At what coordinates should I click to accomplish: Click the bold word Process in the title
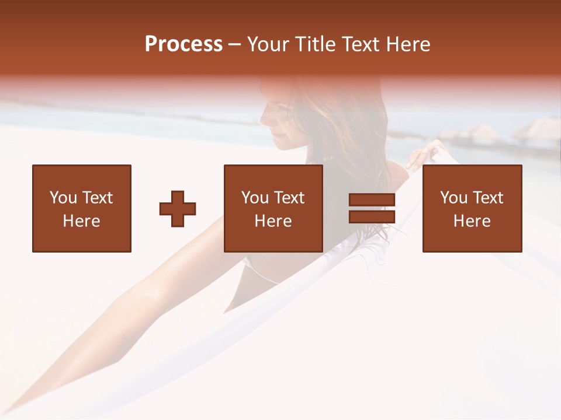[x=183, y=44]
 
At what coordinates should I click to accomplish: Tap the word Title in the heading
[x=316, y=44]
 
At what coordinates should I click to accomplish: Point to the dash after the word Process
[x=234, y=45]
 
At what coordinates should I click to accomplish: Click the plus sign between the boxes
[x=178, y=209]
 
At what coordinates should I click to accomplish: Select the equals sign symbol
[x=372, y=208]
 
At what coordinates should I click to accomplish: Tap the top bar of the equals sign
[x=372, y=200]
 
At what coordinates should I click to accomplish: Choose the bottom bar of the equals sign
[x=372, y=216]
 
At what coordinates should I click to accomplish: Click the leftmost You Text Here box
[x=82, y=208]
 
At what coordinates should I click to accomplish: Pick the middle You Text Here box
[x=273, y=208]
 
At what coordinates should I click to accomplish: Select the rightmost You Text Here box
[x=472, y=208]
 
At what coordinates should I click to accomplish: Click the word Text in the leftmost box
[x=97, y=198]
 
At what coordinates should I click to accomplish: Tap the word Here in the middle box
[x=273, y=221]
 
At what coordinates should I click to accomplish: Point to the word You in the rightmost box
[x=453, y=198]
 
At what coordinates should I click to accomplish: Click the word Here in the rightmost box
[x=472, y=221]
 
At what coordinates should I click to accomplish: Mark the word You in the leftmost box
[x=63, y=198]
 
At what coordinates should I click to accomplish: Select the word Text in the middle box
[x=289, y=198]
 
